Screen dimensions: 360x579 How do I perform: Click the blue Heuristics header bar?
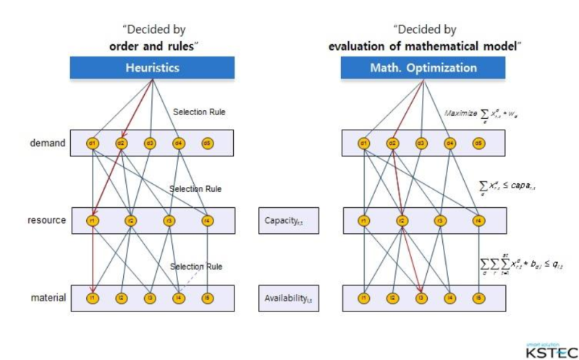click(152, 68)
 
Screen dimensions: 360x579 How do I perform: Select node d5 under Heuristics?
click(207, 143)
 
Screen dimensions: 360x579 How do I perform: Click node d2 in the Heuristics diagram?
click(121, 143)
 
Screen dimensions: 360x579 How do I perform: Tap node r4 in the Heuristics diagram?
click(207, 220)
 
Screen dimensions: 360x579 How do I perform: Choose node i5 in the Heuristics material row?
click(207, 298)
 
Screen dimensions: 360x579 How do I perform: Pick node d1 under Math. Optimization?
click(363, 143)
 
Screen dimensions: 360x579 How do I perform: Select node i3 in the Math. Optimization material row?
click(420, 298)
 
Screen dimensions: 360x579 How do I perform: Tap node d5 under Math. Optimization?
click(478, 143)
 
